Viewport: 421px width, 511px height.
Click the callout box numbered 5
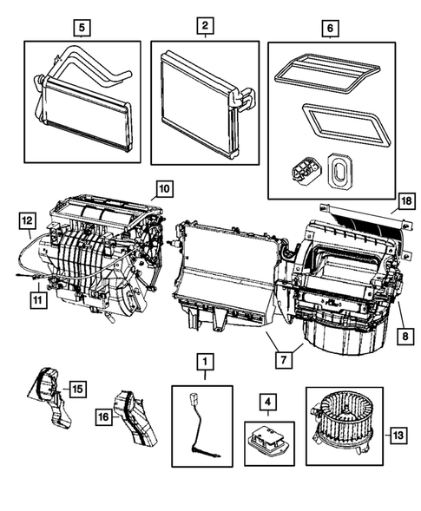tap(82, 28)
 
